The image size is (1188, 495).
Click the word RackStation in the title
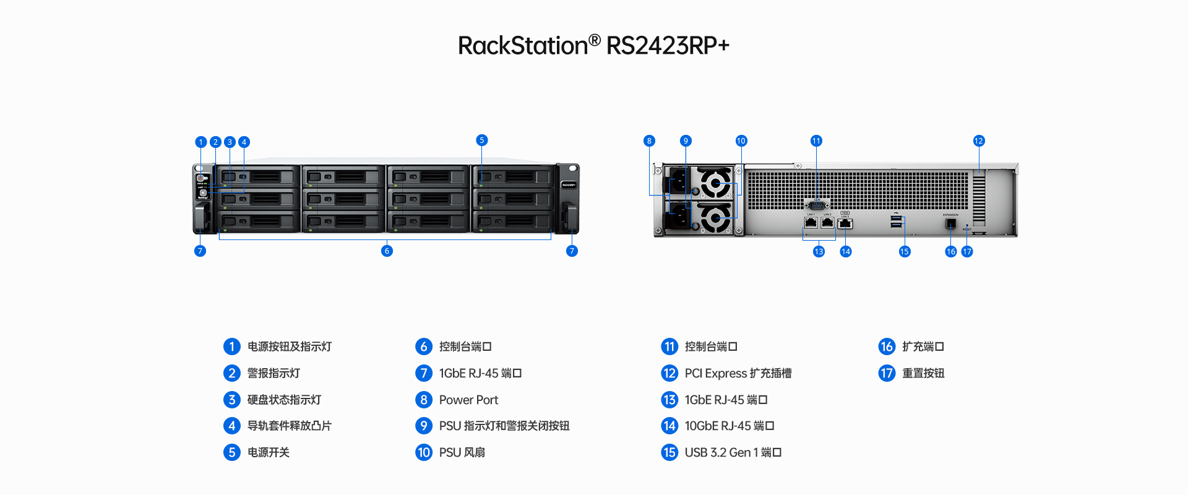pos(522,46)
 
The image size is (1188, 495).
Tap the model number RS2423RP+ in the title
pos(668,46)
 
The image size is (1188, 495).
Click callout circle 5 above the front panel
pos(482,140)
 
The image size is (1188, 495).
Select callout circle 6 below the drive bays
pos(387,251)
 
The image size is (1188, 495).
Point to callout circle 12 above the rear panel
pos(978,141)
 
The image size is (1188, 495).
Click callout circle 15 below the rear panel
pos(905,251)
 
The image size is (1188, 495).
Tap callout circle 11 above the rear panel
pos(816,141)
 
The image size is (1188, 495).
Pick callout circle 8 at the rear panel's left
pos(649,141)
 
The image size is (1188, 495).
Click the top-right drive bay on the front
pos(513,176)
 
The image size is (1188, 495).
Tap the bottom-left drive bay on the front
pos(259,221)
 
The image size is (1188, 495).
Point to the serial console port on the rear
pos(817,205)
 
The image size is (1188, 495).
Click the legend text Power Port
pos(468,400)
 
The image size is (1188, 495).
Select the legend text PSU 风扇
pos(462,452)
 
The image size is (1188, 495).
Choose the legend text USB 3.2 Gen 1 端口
pos(733,452)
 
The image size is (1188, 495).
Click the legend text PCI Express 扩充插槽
pos(738,373)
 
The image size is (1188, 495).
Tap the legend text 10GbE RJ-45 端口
pos(729,426)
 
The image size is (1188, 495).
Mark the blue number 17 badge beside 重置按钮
pos(887,373)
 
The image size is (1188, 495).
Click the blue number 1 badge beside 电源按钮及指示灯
pos(232,346)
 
